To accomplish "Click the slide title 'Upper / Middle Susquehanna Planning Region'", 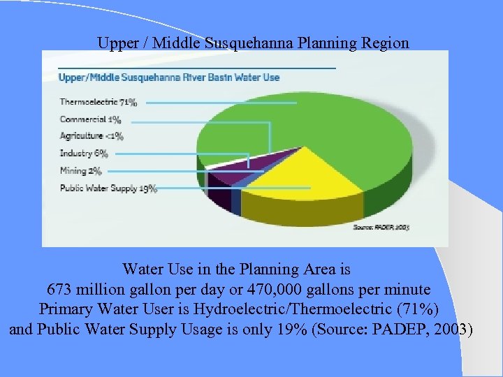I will pyautogui.click(x=253, y=43).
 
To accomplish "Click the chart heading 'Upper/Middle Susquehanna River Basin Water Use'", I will pyautogui.click(x=169, y=77).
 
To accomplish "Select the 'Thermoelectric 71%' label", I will pyautogui.click(x=99, y=103).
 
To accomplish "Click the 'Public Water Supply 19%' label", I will pyautogui.click(x=108, y=188).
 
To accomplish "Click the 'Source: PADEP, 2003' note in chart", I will pyautogui.click(x=381, y=228).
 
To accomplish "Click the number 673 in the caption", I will pyautogui.click(x=59, y=289).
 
